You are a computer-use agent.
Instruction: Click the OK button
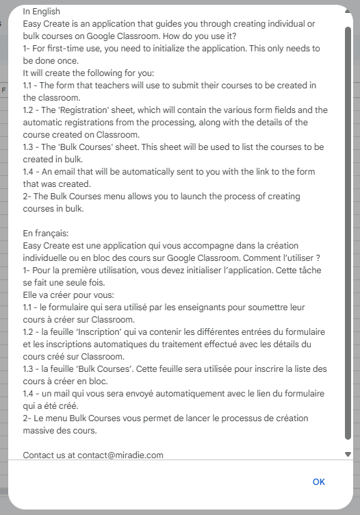click(318, 481)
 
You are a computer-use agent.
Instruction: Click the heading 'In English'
click(41, 11)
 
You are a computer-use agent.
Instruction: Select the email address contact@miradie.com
click(120, 455)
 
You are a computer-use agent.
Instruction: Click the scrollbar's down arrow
click(348, 454)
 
